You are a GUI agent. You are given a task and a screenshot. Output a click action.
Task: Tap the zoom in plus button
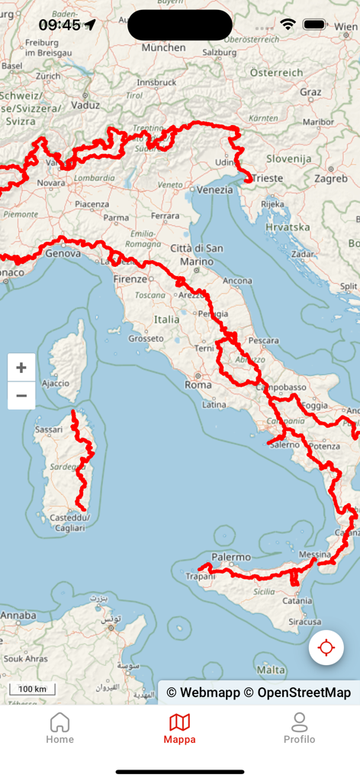[21, 368]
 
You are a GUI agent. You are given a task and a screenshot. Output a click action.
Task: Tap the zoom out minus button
[21, 396]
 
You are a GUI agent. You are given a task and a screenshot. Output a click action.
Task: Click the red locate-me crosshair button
[326, 648]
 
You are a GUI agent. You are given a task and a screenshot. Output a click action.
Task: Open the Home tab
[59, 728]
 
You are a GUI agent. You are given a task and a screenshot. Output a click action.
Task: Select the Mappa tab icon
[179, 722]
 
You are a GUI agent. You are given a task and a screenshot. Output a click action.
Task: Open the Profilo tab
[299, 728]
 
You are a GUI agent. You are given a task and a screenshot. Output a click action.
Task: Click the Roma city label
[198, 385]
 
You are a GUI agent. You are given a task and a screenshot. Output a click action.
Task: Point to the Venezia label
[215, 189]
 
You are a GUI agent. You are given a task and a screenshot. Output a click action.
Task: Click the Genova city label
[63, 253]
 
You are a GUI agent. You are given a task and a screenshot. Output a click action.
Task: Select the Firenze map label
[130, 279]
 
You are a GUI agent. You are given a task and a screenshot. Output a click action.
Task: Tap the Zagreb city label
[331, 178]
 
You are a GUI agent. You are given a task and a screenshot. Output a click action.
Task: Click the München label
[163, 47]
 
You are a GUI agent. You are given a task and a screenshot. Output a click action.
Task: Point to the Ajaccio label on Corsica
[56, 383]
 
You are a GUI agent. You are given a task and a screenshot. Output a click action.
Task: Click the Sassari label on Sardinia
[48, 430]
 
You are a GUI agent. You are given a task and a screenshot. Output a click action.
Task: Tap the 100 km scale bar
[32, 689]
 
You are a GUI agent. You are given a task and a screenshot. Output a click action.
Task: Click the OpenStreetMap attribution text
[304, 693]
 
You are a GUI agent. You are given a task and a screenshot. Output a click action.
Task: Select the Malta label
[272, 670]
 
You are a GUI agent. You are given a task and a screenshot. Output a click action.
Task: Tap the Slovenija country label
[289, 159]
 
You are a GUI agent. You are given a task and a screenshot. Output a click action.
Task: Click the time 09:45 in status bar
[59, 25]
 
